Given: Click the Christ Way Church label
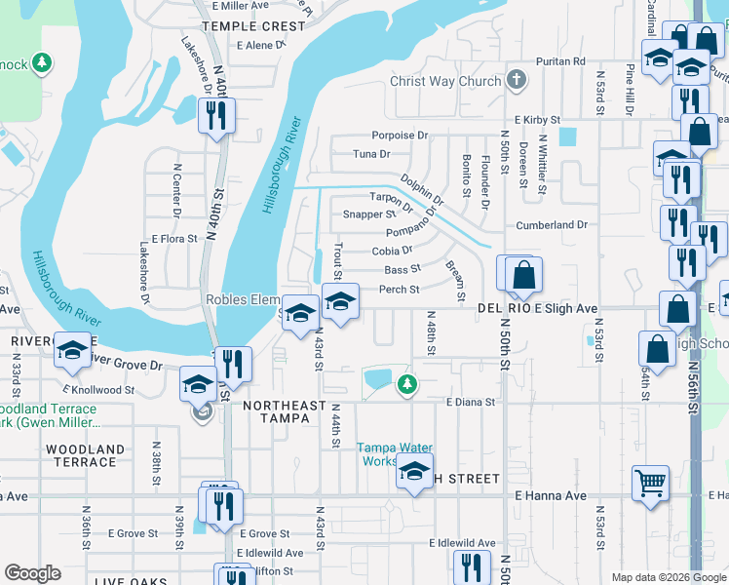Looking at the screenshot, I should click(444, 81).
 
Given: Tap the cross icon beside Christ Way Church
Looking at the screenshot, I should click(518, 81).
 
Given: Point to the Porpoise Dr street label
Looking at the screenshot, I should click(400, 136).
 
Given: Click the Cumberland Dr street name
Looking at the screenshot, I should click(552, 225).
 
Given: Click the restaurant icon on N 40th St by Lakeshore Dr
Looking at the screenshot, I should click(212, 117).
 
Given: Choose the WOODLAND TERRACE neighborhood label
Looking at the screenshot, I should click(85, 456).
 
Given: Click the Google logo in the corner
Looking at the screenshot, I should click(32, 573).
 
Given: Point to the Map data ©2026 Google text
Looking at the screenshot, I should click(668, 577).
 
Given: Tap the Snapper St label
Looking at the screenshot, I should click(369, 214).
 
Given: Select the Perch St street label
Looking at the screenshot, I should click(399, 290).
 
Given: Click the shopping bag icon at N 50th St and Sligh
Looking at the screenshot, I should click(523, 276).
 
